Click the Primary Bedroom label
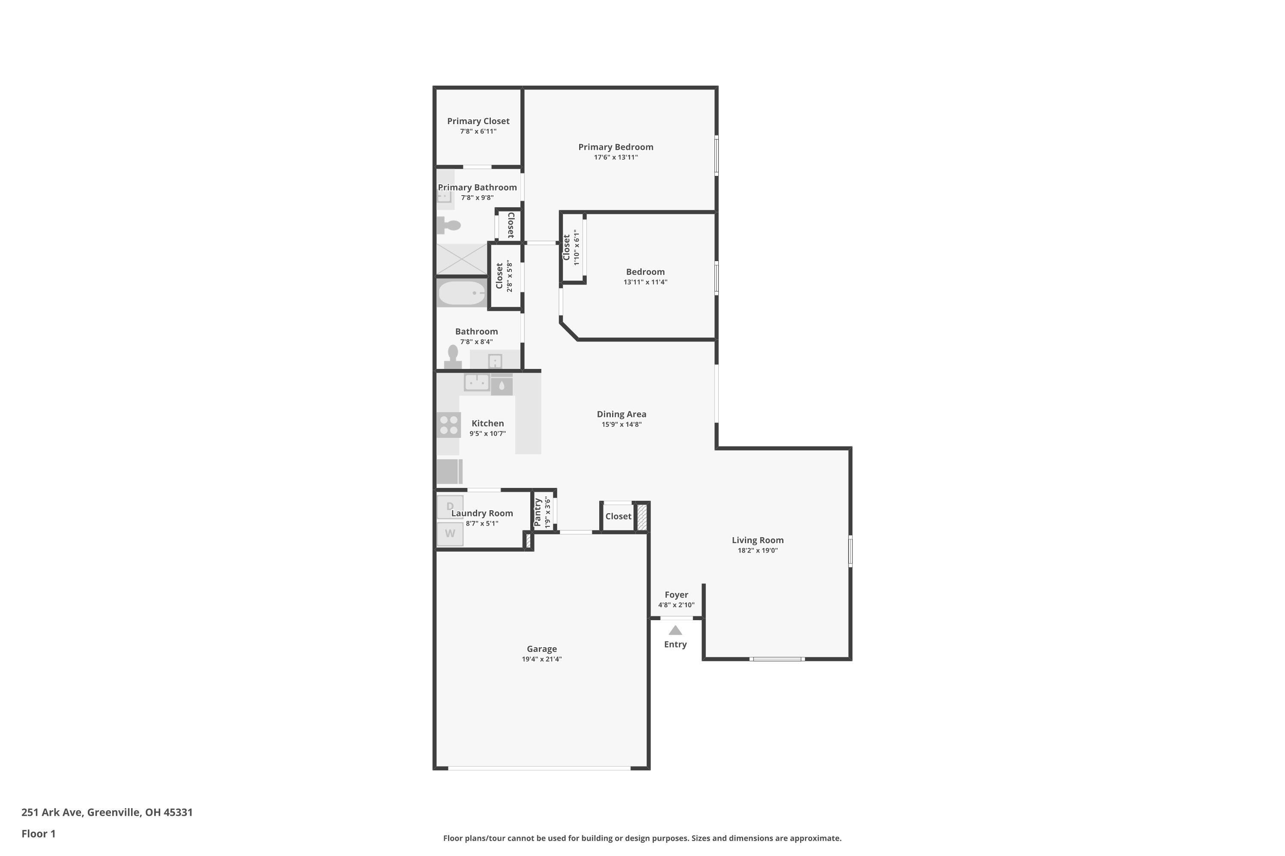point(616,147)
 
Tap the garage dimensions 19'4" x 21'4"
point(541,659)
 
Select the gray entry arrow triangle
point(675,630)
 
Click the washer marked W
point(450,534)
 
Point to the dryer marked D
point(450,506)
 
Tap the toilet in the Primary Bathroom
point(448,225)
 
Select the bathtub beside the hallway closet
point(462,293)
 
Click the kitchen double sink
point(476,382)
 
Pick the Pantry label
point(538,511)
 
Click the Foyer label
point(676,594)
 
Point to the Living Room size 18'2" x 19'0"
point(757,550)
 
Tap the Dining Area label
point(621,414)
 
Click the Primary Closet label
point(478,121)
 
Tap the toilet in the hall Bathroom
point(452,357)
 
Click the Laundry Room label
point(482,513)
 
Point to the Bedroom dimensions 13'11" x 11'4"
point(645,282)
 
